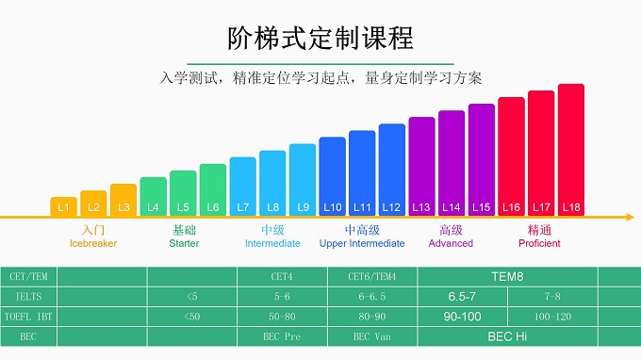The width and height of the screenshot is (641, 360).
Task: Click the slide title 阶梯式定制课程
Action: pos(320,39)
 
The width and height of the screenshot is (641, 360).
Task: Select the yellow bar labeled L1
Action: pos(63,206)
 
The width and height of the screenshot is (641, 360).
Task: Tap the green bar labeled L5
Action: pos(183,193)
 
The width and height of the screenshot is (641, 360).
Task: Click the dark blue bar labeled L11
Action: pos(362,172)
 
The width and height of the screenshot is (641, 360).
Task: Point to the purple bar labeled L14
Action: pos(452,163)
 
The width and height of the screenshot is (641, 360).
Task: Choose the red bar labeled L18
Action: pos(570,150)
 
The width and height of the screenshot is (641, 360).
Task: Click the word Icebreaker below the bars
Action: pos(93,243)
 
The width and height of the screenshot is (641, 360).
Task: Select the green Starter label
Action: pos(184,243)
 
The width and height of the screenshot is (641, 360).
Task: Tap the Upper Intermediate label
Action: pos(362,243)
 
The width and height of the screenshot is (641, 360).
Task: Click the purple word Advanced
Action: pos(451,243)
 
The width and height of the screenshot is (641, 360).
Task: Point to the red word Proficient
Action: pos(539,243)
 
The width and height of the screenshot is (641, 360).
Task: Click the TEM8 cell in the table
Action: pos(507,277)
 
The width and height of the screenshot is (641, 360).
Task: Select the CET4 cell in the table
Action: pos(283,277)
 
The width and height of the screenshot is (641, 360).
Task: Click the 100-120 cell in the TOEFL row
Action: pos(552,317)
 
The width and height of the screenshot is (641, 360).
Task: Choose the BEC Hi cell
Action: pos(507,336)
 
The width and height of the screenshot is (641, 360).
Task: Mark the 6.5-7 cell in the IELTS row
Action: pos(462,297)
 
